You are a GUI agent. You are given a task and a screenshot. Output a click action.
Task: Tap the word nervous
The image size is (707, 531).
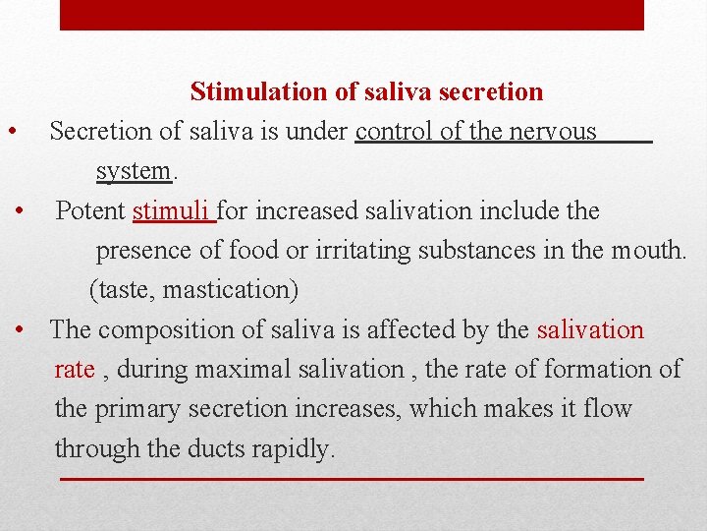(553, 132)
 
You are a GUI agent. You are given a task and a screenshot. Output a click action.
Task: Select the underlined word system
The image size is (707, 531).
(134, 171)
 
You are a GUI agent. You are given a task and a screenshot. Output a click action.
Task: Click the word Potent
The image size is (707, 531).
(90, 210)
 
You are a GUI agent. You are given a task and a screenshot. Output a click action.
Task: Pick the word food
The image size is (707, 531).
(253, 251)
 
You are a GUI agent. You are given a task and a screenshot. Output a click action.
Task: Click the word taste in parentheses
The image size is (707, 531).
(123, 291)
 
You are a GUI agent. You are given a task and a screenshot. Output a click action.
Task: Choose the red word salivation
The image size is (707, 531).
(590, 330)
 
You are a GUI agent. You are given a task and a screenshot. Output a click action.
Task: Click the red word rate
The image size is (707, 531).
(75, 370)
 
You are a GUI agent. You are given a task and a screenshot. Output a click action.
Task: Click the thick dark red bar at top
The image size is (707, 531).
(352, 15)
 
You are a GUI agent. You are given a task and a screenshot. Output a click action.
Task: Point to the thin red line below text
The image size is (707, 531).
(352, 479)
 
